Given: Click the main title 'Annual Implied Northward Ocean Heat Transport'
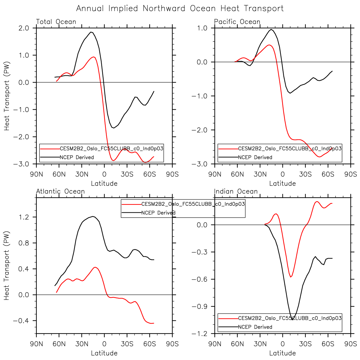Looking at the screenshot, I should point(180,8).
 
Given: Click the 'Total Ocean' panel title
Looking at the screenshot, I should point(56,22).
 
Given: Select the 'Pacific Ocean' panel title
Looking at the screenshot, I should point(237,22).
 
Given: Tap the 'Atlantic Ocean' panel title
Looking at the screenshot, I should point(60,191).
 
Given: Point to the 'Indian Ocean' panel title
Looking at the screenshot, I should point(236,191).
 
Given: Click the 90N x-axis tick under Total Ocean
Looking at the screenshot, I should point(36,174).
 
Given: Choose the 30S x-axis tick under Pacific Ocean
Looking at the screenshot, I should point(305,174).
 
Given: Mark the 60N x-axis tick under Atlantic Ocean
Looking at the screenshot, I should point(59,344).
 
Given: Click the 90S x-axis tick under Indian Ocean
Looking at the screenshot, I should point(351,344).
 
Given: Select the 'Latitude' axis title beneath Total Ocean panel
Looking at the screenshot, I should point(104,183).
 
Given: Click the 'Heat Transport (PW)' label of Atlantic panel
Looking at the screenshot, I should point(7,265).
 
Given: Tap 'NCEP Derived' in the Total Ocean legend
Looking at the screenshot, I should point(77,157).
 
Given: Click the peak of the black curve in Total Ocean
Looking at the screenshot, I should point(91,32).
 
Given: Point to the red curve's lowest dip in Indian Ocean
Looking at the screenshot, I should point(291,277).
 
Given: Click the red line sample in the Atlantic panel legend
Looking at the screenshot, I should point(131,204).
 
